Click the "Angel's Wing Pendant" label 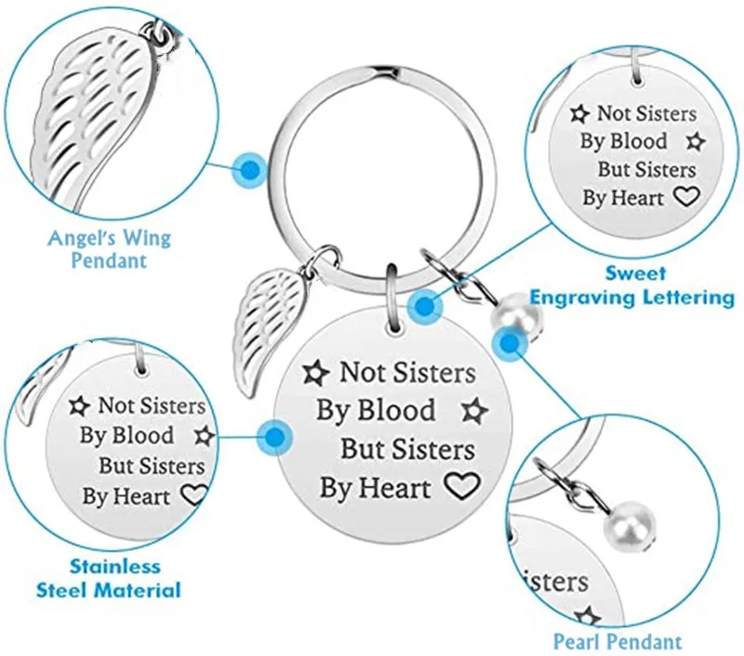click(110, 248)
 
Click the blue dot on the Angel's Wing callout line click(250, 169)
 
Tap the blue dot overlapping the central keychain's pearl click(509, 344)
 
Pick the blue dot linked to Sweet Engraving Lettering click(425, 303)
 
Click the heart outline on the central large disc click(460, 485)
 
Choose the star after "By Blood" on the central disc click(474, 410)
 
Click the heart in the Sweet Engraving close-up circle click(685, 196)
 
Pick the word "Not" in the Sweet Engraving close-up click(614, 114)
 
